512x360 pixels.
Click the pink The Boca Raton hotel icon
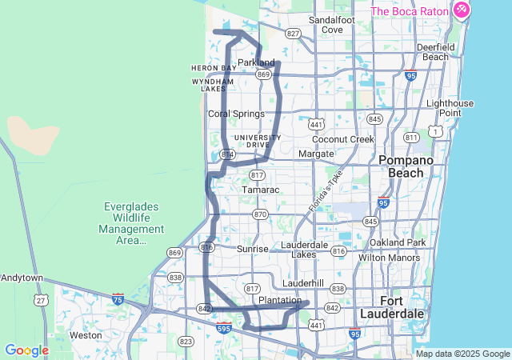point(461,10)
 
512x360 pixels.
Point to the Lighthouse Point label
point(454,108)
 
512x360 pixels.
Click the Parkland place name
point(256,62)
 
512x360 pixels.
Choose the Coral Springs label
point(236,114)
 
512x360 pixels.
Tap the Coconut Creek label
point(343,139)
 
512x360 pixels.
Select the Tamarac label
point(261,190)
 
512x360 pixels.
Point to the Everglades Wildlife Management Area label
point(132,222)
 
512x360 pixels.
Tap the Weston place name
point(86,335)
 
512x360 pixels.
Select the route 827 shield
point(294,34)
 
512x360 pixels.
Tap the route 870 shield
point(260,214)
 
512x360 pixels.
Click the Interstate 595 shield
point(225,327)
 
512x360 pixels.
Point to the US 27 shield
point(40,300)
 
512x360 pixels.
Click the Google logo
point(26,350)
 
